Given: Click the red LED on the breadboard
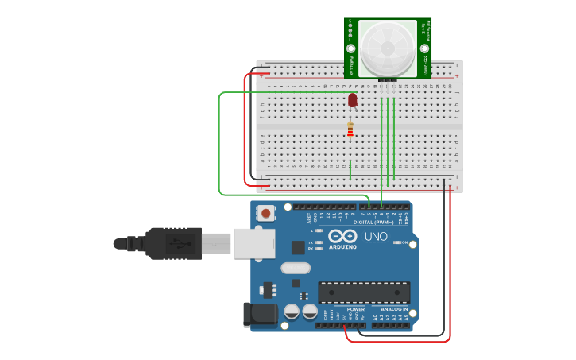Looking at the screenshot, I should tap(353, 99).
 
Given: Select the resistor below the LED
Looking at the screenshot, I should tap(350, 130).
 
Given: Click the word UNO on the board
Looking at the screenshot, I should tap(375, 236).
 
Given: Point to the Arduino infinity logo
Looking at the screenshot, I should tap(343, 236).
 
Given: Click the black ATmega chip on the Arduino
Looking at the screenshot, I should tap(364, 292).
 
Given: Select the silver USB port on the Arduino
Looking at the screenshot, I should tap(254, 243).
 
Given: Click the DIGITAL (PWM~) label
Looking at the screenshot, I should tap(373, 221).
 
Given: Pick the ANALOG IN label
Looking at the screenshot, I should tap(394, 309).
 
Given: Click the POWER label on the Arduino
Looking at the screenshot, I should tap(356, 309).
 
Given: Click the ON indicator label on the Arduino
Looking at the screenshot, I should tap(403, 242).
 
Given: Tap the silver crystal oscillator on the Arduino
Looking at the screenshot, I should tap(295, 268).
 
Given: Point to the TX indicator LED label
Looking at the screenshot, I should tap(311, 242).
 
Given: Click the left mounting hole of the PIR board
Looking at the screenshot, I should tap(350, 23).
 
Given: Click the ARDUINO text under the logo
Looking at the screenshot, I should tap(343, 247).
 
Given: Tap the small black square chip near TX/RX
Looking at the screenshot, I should tap(298, 247).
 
